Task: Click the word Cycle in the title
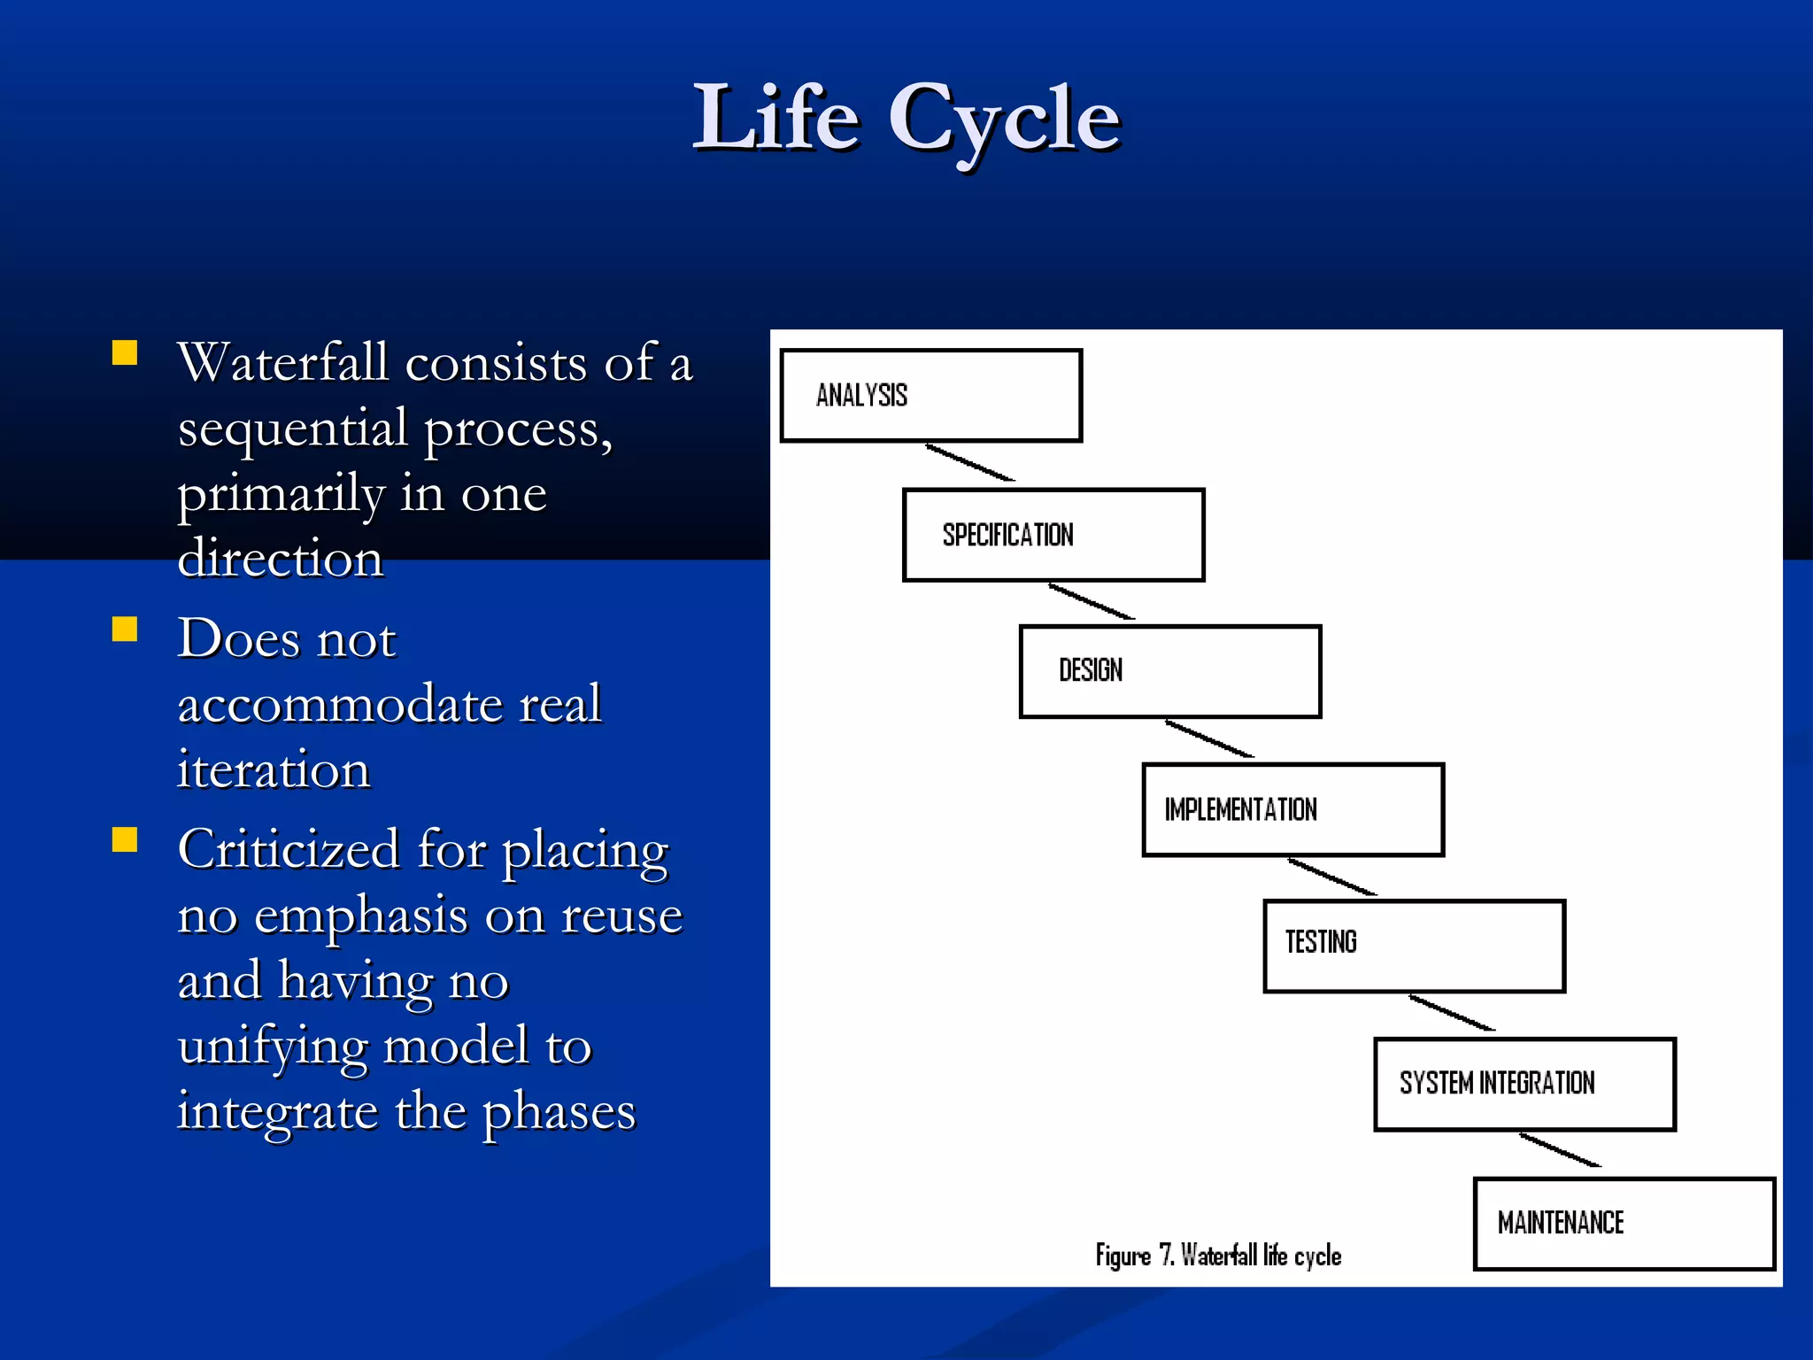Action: click(x=1005, y=120)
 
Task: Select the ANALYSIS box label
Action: click(x=861, y=395)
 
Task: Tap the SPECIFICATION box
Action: click(x=1053, y=535)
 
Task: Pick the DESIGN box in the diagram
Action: click(x=1169, y=671)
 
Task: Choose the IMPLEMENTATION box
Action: click(x=1292, y=809)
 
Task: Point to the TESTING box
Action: click(x=1414, y=946)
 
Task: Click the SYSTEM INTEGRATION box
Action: click(x=1524, y=1084)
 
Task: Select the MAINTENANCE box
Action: click(x=1624, y=1223)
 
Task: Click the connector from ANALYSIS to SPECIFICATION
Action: click(x=970, y=463)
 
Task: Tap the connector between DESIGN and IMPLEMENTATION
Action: click(x=1209, y=739)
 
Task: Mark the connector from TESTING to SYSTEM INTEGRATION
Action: click(x=1452, y=1013)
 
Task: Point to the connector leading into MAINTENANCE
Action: click(x=1561, y=1150)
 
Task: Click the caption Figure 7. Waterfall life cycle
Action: click(x=1218, y=1256)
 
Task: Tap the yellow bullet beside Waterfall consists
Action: click(x=125, y=353)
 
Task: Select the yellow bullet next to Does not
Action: click(x=125, y=629)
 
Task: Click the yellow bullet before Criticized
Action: click(x=125, y=839)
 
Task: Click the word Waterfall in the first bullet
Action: click(x=282, y=363)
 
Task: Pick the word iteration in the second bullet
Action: click(x=273, y=769)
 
